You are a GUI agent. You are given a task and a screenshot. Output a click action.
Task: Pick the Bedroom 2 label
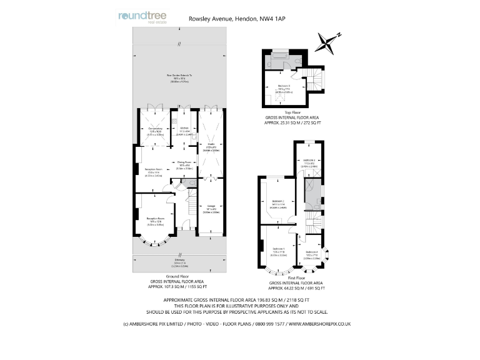click(279, 201)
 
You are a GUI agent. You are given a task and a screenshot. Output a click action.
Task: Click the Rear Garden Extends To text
click(179, 75)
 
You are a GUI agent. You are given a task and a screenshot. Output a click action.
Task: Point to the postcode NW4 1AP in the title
click(273, 19)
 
